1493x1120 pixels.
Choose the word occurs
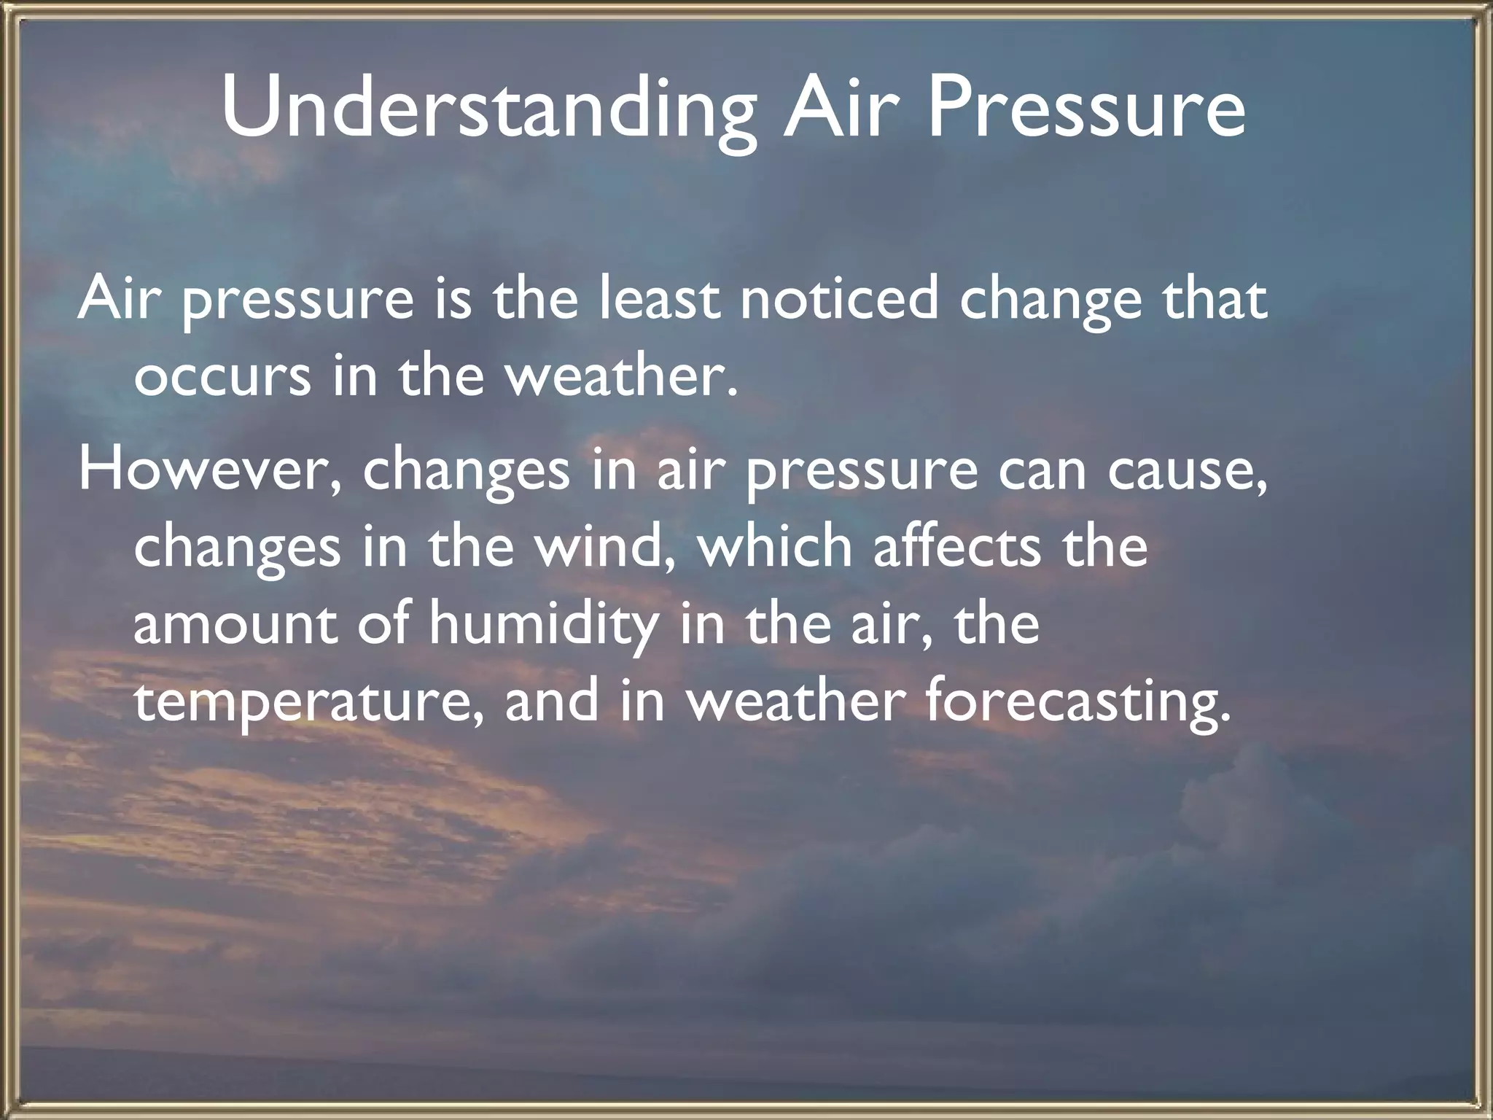[x=222, y=379]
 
